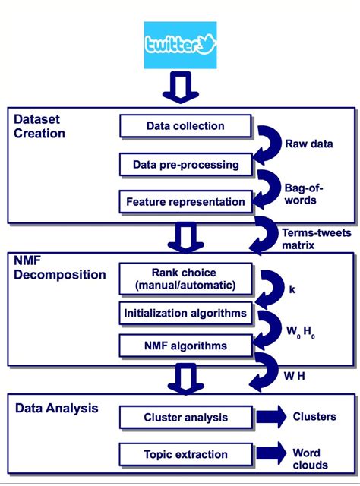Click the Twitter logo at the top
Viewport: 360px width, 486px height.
[x=180, y=45]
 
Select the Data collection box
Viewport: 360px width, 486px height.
[x=185, y=125]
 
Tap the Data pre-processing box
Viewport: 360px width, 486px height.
[x=185, y=164]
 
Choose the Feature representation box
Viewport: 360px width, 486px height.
[x=185, y=202]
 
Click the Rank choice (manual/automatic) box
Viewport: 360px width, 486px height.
[x=185, y=279]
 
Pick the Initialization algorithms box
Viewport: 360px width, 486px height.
[x=185, y=312]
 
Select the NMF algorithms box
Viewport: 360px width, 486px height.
[x=185, y=346]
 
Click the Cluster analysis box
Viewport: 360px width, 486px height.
[x=185, y=417]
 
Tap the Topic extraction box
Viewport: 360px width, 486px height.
[x=185, y=453]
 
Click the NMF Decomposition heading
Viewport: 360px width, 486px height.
[x=60, y=267]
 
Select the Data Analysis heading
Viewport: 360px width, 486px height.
[x=57, y=409]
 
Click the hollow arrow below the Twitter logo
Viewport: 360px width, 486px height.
[x=180, y=87]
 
